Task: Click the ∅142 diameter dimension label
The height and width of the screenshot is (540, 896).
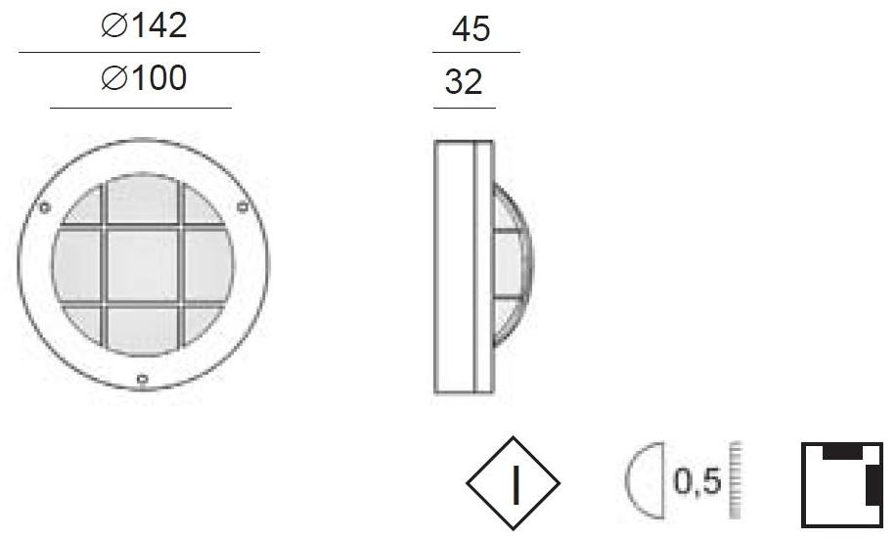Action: coord(144,26)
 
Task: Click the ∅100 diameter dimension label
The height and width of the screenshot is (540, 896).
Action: coord(144,78)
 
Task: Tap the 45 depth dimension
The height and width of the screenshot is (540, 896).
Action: coord(470,30)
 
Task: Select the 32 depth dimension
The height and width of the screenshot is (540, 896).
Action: coord(464,83)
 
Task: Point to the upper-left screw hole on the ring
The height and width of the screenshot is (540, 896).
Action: coord(43,207)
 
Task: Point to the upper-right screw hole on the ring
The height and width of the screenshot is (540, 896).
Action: coord(242,205)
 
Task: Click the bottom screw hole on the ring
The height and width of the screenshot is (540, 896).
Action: coord(143,379)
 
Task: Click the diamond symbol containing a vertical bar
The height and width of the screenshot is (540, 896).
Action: coord(513,483)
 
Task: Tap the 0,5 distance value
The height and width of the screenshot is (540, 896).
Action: coord(697,482)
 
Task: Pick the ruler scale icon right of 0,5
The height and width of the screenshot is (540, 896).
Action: coord(735,482)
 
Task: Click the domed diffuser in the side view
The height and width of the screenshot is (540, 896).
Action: coord(515,265)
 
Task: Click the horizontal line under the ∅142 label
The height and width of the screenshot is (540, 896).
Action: coord(139,52)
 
